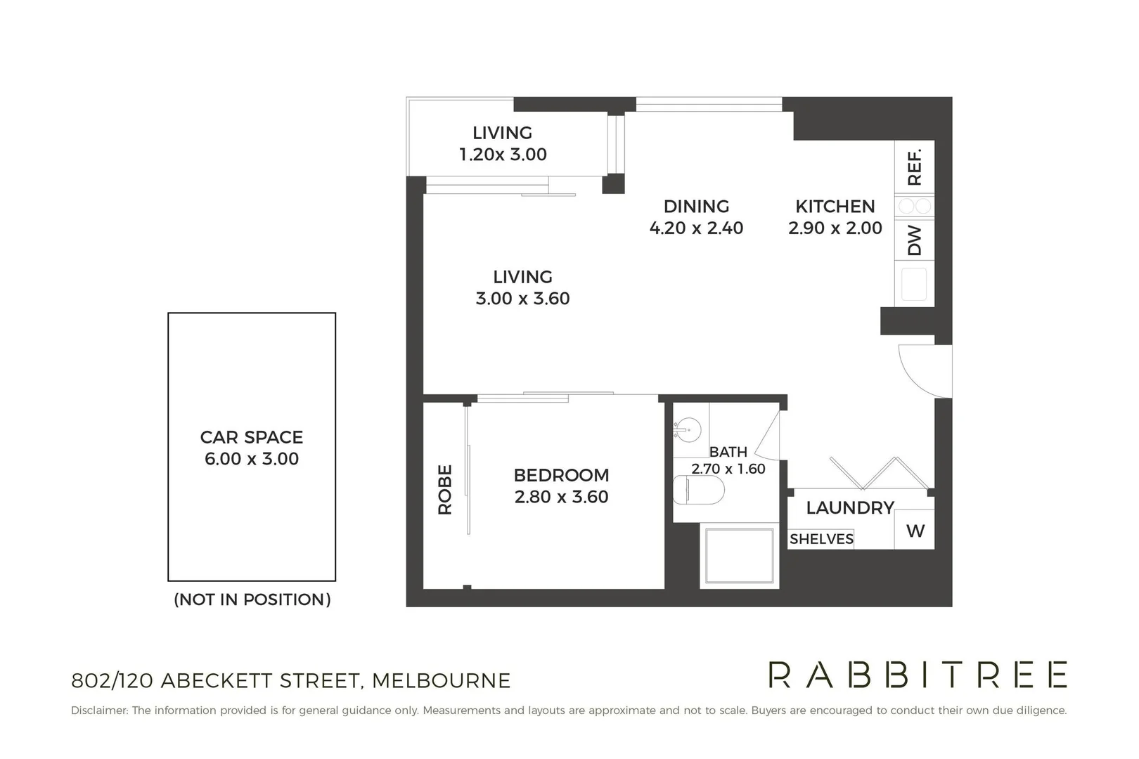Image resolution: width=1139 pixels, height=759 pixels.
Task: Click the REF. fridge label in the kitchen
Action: point(914,167)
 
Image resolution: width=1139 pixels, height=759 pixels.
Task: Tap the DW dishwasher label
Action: point(914,240)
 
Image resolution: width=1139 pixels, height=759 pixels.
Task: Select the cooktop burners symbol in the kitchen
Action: point(914,206)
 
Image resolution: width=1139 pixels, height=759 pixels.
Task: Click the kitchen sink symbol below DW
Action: point(914,285)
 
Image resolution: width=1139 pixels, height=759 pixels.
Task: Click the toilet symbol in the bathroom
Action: point(699,490)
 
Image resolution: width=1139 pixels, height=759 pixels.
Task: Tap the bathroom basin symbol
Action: point(688,429)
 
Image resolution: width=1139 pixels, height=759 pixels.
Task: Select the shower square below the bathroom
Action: point(739,556)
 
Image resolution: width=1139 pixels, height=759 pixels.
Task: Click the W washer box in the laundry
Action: point(915,531)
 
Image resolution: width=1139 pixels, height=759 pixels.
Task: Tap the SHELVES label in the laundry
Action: point(821,539)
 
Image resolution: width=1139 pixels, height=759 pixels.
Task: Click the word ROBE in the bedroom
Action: point(445,489)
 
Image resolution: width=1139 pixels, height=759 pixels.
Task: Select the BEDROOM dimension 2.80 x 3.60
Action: point(561,497)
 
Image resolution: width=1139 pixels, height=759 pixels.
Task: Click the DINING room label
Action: point(696,206)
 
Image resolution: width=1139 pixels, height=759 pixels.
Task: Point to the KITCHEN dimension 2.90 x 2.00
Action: point(835,228)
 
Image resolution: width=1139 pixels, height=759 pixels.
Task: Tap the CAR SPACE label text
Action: point(251,437)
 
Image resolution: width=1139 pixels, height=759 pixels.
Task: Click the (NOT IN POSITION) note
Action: point(252,599)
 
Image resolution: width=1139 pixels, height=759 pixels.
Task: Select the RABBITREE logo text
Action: point(918,675)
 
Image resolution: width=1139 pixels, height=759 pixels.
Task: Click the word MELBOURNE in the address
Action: point(441,681)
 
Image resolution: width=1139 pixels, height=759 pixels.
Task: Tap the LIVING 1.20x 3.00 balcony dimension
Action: point(503,155)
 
